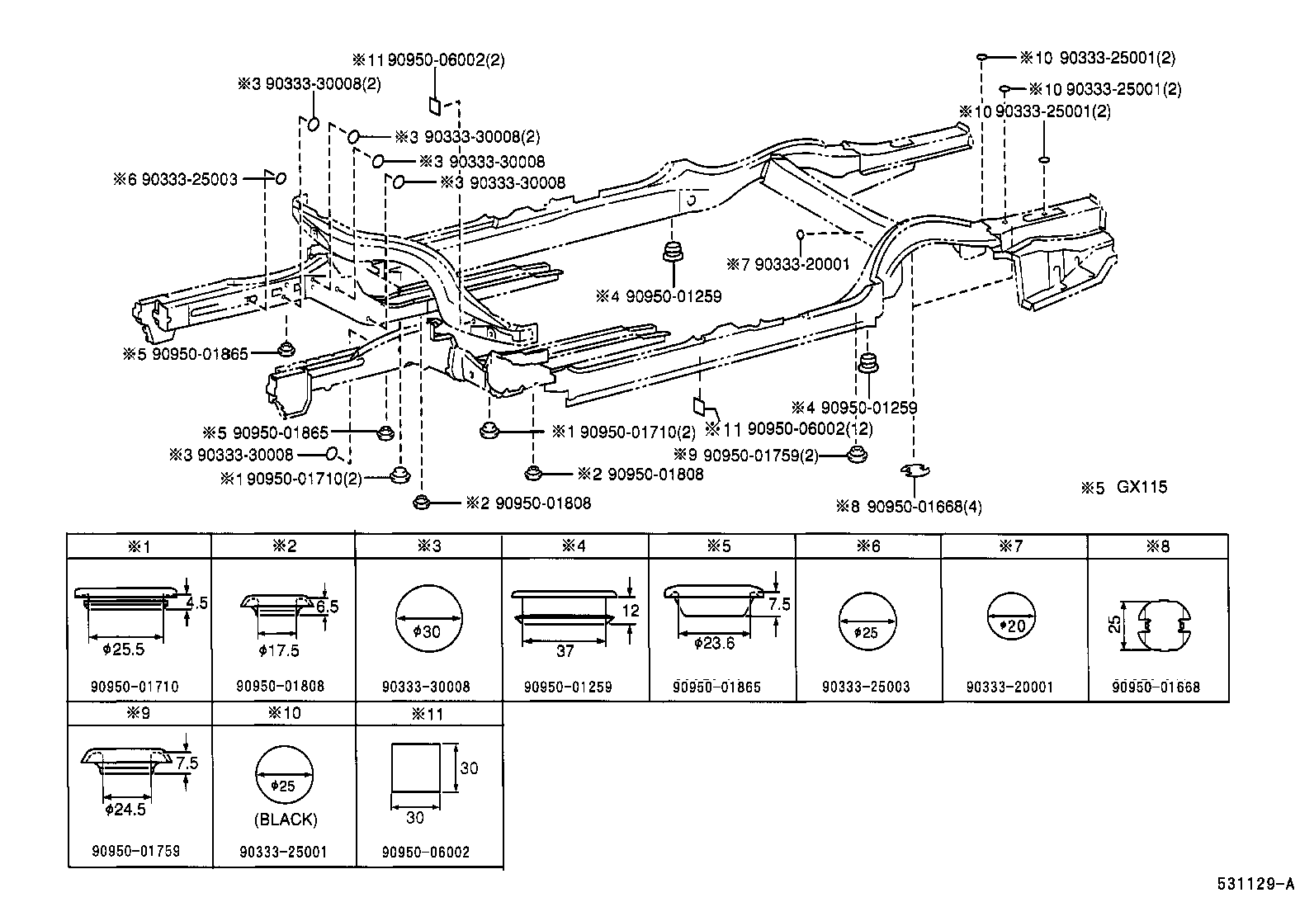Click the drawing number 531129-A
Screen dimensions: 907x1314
coord(1255,885)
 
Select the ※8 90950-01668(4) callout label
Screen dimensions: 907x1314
coord(908,506)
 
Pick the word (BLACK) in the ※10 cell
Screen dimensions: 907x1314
coord(285,820)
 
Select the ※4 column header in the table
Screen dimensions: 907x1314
coord(574,546)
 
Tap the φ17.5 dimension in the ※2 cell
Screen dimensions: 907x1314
coord(278,651)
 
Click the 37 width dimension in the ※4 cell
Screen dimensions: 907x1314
coord(565,651)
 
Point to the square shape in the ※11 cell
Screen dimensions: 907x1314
coord(415,766)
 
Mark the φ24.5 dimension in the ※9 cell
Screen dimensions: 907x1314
coord(125,810)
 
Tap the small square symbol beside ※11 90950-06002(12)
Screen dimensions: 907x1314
coord(699,406)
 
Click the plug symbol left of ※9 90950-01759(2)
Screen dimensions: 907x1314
coord(858,454)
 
